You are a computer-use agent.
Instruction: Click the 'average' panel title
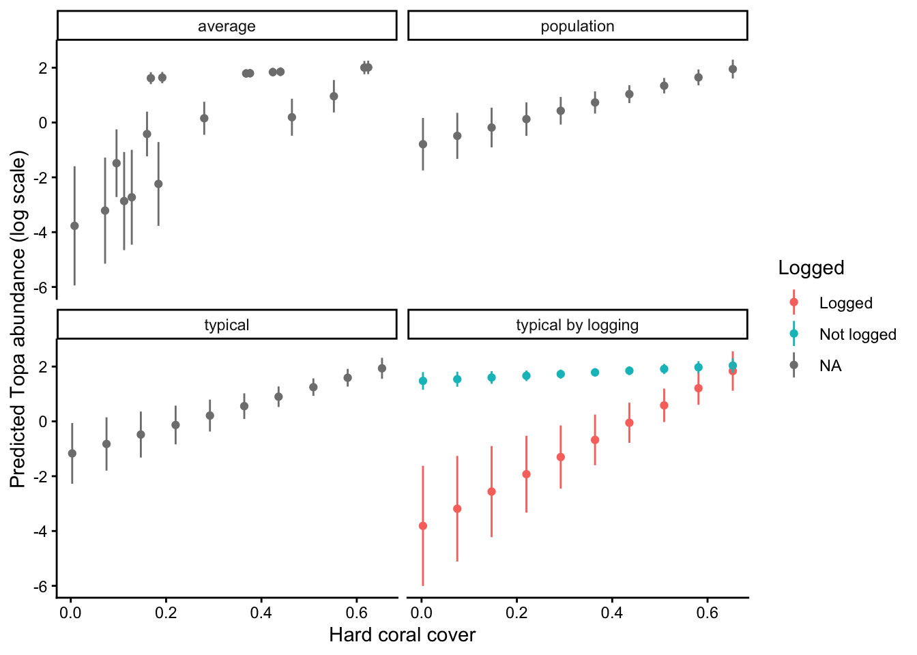click(x=227, y=27)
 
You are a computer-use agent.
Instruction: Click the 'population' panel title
click(x=577, y=27)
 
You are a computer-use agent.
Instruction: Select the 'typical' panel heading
click(x=227, y=325)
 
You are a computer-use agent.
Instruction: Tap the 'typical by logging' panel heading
click(x=577, y=325)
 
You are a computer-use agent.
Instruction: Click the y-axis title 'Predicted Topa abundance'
click(x=18, y=321)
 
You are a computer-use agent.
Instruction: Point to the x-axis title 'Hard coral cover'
click(x=402, y=635)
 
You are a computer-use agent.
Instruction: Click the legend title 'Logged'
click(x=811, y=268)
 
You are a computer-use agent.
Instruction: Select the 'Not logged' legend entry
click(x=858, y=334)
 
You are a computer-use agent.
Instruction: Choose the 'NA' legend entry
click(x=830, y=366)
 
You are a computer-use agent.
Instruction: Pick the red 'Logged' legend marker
click(x=794, y=302)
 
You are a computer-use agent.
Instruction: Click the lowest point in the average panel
click(x=74, y=226)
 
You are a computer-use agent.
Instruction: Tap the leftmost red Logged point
click(x=423, y=526)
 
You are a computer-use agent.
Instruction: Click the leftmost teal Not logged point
click(x=423, y=381)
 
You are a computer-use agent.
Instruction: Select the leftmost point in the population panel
click(x=423, y=144)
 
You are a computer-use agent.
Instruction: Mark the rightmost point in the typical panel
click(x=382, y=368)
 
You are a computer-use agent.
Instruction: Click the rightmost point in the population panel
click(x=733, y=69)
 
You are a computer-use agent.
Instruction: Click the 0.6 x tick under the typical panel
click(x=357, y=612)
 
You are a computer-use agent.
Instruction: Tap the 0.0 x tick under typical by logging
click(x=422, y=612)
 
